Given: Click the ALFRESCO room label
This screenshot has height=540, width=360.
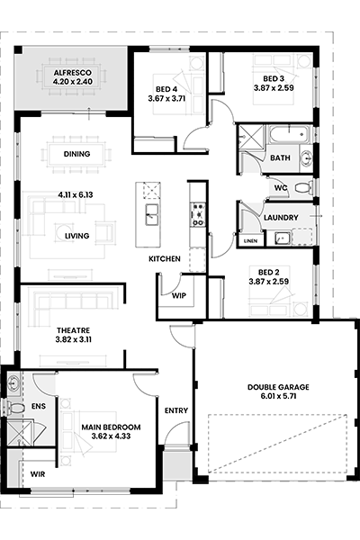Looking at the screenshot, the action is click(x=72, y=73).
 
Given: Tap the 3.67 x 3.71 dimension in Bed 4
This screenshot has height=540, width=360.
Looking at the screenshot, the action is click(x=166, y=98).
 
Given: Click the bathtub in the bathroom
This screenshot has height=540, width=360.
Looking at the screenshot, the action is click(x=288, y=135).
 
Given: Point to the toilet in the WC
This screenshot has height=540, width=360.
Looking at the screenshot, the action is click(x=301, y=188).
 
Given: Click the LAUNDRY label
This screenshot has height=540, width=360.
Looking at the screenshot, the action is click(x=281, y=218).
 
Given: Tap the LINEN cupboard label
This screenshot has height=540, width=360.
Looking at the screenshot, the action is click(x=250, y=241).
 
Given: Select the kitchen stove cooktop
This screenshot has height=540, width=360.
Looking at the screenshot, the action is click(x=198, y=214).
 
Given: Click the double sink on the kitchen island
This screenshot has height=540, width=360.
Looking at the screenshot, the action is click(x=152, y=214).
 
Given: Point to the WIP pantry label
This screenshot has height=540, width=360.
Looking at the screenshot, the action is click(x=179, y=295).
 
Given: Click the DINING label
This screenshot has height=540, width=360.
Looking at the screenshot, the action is click(x=76, y=154).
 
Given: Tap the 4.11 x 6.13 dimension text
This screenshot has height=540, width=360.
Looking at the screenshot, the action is click(x=76, y=195).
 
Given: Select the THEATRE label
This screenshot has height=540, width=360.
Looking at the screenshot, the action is click(x=74, y=330).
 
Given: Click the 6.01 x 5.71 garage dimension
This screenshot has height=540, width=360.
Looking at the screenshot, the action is click(x=278, y=396).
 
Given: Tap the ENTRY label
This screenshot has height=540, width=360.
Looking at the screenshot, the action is click(x=176, y=410).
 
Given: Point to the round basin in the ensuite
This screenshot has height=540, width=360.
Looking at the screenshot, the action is click(x=13, y=383).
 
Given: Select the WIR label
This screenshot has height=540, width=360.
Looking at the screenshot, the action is click(x=38, y=474).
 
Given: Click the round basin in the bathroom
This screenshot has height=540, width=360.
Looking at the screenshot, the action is click(x=306, y=158).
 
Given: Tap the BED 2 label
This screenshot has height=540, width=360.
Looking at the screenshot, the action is click(x=269, y=273).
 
